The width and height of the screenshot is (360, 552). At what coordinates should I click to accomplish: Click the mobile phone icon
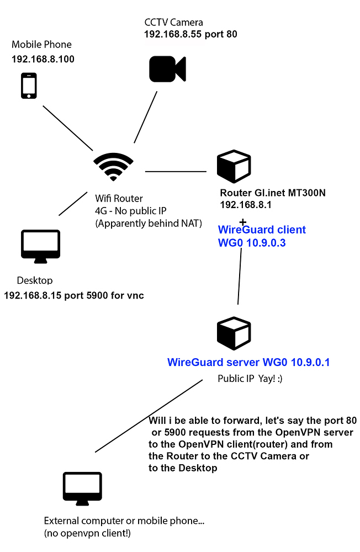pos(29,87)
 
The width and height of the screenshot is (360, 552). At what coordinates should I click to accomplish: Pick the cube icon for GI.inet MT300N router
pos(234,167)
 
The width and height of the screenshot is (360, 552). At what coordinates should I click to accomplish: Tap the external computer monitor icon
pos(82,489)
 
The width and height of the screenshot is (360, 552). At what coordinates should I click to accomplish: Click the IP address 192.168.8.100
pos(43,59)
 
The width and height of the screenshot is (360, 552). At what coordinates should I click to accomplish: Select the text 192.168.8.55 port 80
pos(190,34)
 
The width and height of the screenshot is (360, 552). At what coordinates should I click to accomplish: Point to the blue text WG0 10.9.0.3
pos(252,242)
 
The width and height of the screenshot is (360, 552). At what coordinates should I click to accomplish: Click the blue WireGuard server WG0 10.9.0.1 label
pos(248,363)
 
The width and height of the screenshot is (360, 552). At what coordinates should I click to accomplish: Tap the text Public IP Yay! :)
pos(250,379)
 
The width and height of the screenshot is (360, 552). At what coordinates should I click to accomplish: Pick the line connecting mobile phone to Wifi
pos(68,128)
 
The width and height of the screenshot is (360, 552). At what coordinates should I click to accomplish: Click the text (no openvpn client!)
pos(88,533)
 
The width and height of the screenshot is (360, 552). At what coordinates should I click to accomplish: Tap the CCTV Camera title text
pos(173,23)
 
